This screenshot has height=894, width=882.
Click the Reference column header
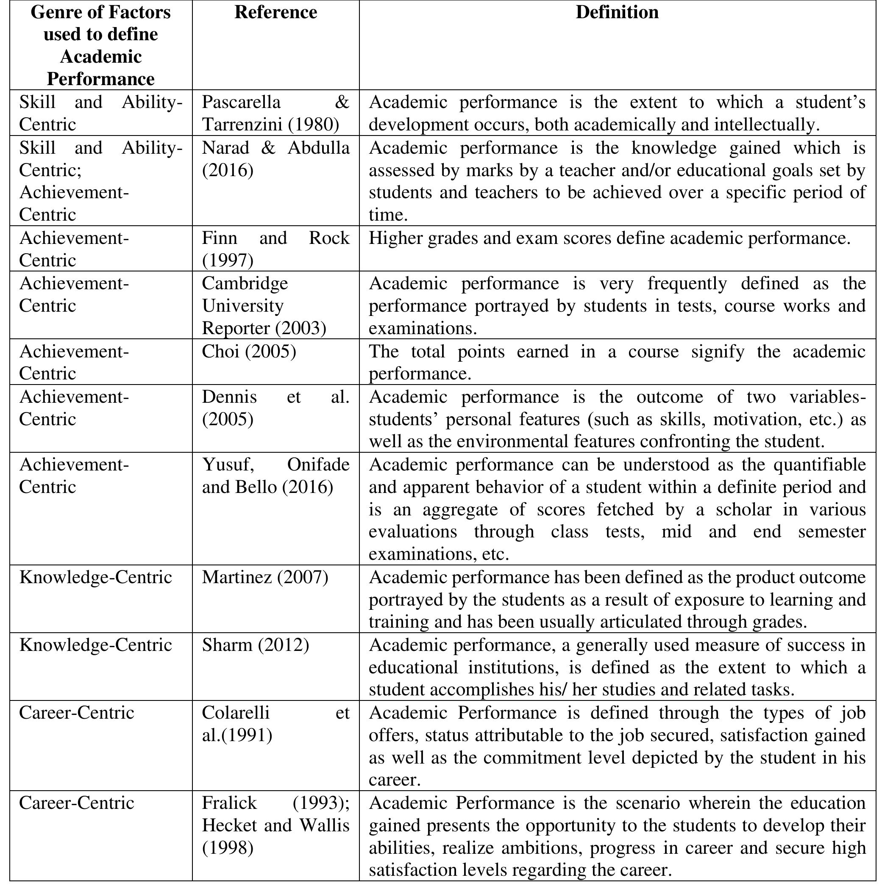click(275, 13)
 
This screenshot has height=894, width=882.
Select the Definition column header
click(617, 13)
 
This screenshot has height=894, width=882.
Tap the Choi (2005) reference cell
click(249, 352)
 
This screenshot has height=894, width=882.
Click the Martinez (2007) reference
click(265, 578)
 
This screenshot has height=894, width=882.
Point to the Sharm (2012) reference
click(255, 645)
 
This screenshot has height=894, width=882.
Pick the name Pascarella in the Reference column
click(241, 102)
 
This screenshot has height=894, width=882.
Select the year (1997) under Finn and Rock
click(228, 260)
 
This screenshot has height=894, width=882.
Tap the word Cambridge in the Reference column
click(245, 283)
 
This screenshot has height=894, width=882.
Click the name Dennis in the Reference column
click(229, 397)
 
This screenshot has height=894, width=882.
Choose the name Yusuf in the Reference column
click(228, 465)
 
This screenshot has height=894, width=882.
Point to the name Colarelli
click(236, 713)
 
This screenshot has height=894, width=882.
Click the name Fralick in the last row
click(229, 803)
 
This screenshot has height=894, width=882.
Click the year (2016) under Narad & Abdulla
click(228, 170)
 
